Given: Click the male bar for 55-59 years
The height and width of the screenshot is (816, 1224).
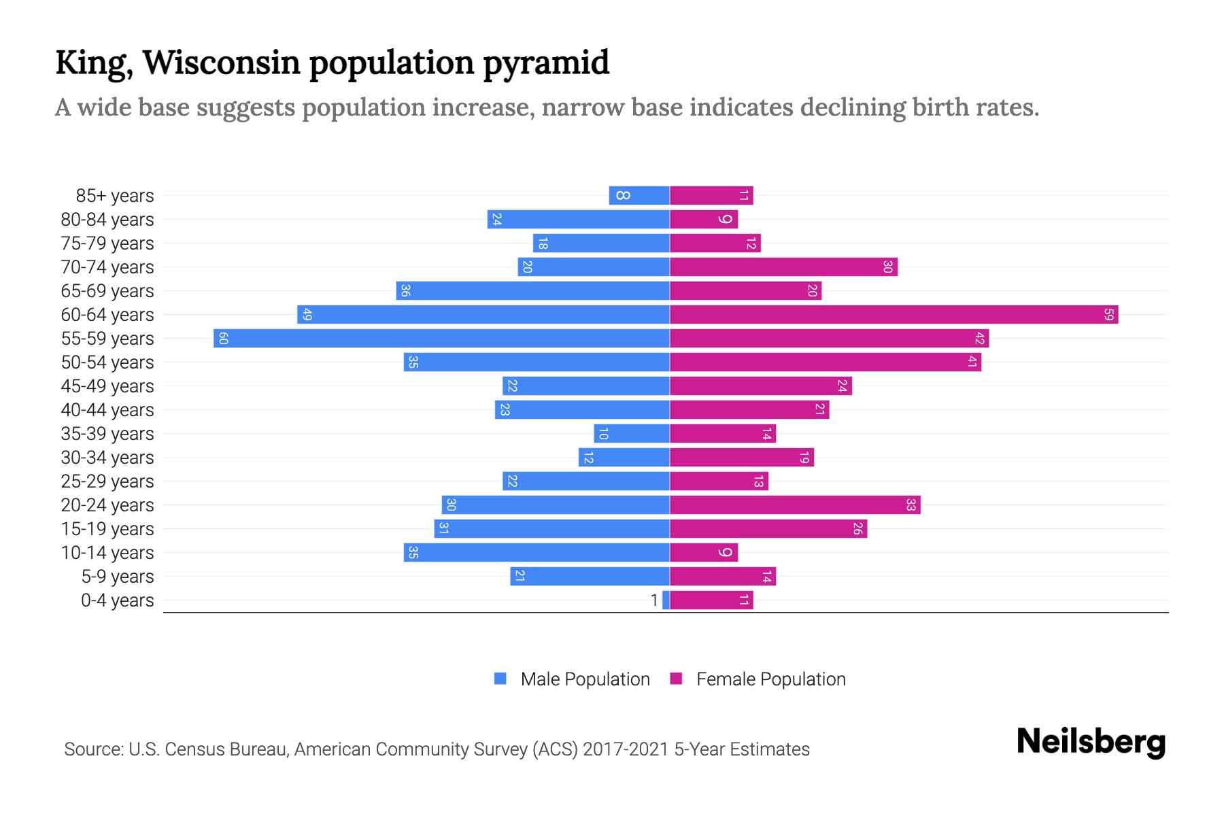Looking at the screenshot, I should [442, 338].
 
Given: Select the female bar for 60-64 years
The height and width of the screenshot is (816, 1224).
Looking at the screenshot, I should [894, 314].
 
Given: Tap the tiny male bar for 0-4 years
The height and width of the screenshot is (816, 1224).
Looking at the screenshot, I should [666, 600].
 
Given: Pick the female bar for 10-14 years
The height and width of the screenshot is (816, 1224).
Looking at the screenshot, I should [703, 552].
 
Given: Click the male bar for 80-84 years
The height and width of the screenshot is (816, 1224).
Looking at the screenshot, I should [579, 219].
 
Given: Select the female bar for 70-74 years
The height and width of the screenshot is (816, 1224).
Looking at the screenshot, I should [783, 267].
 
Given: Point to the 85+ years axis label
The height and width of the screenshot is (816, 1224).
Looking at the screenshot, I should [115, 196].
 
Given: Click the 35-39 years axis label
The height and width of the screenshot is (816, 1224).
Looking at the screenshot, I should [107, 434].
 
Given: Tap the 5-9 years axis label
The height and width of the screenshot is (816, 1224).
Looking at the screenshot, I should [118, 577].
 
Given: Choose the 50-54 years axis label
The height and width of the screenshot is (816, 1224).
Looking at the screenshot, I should [107, 362].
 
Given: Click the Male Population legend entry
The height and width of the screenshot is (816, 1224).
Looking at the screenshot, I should [572, 679].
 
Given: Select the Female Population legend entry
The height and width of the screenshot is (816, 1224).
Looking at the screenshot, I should [758, 679].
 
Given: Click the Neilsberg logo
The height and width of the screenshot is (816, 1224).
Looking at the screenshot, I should [1091, 742].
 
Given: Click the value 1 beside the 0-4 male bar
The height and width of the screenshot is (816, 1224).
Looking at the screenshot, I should [654, 600].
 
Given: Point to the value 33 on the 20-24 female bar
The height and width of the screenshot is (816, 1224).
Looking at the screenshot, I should [911, 505].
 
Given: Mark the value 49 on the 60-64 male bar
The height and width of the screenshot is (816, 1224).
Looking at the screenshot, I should [307, 314].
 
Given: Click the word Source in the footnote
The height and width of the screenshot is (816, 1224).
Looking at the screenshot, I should [93, 749].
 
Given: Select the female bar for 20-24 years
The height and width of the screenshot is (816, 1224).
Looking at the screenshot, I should [795, 505].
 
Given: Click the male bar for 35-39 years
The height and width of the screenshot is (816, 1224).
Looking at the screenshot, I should [632, 433].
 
